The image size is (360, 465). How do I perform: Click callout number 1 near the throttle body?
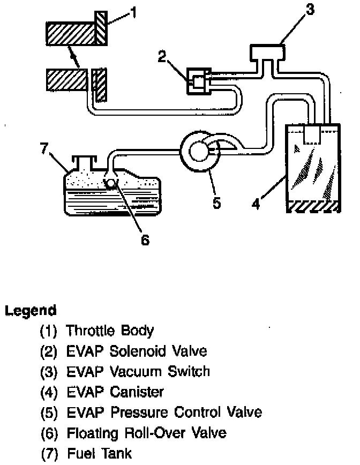pos(133,12)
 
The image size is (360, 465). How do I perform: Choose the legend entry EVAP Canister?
pos(102,392)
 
